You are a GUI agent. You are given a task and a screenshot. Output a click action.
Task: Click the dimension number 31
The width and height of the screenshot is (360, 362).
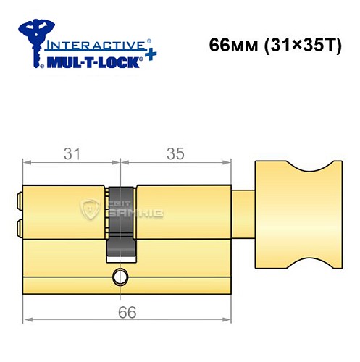(70, 153)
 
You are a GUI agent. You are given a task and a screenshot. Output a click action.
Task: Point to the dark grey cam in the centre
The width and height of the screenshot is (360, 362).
(122, 221)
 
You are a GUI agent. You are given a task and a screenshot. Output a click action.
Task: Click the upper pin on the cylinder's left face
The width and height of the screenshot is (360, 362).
(18, 198)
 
